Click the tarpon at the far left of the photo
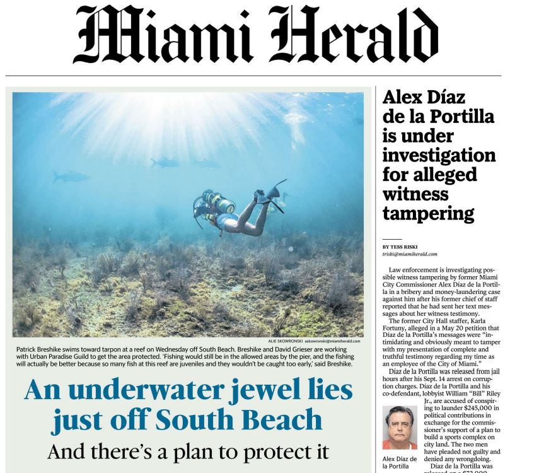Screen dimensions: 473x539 click(71, 176)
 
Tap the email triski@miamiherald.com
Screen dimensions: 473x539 click(410, 254)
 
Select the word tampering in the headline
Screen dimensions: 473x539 click(428, 213)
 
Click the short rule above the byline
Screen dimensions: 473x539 click(391, 239)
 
